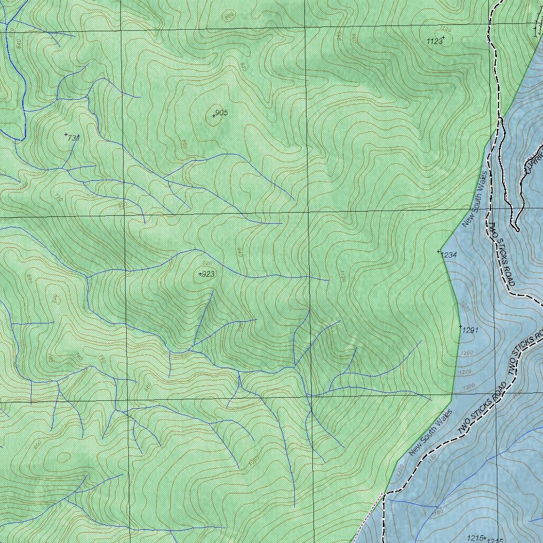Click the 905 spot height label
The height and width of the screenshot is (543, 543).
pos(221,113)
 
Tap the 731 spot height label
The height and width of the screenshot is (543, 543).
pos(73,138)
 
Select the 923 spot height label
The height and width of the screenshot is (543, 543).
pos(208,274)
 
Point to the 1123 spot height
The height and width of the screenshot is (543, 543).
pos(434,41)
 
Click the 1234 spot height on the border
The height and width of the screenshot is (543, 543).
pos(448,255)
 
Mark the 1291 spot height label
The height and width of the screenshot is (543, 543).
pos(470,330)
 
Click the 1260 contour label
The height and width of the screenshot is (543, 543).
pos(467,353)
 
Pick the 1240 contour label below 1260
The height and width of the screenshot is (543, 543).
pos(465,372)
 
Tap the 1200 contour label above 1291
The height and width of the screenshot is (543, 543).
pos(465,306)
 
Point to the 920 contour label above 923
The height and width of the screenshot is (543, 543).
pos(207,264)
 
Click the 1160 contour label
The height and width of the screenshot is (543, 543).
pos(437,512)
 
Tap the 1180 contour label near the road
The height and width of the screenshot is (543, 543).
pos(432,457)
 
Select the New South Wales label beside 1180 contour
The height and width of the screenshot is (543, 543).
pos(430,432)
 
